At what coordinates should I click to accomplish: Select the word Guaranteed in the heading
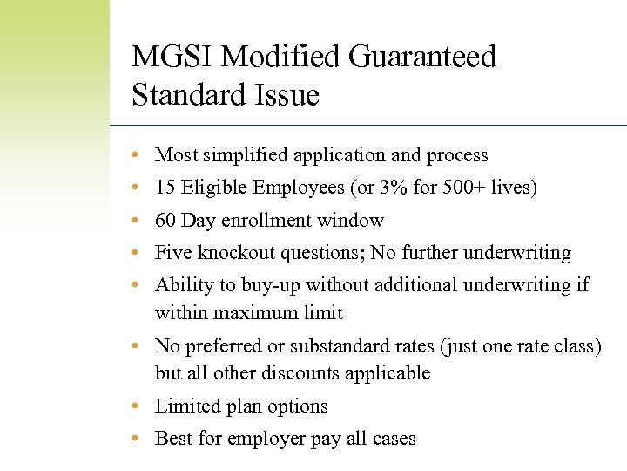click(x=422, y=58)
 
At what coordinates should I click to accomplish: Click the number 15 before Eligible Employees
click(x=165, y=188)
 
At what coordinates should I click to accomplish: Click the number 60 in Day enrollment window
click(x=165, y=221)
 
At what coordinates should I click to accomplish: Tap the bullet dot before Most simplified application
click(x=137, y=155)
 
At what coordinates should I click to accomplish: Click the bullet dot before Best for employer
click(x=137, y=439)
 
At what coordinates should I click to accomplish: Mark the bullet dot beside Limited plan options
click(x=137, y=406)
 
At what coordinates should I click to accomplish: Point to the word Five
click(x=173, y=253)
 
